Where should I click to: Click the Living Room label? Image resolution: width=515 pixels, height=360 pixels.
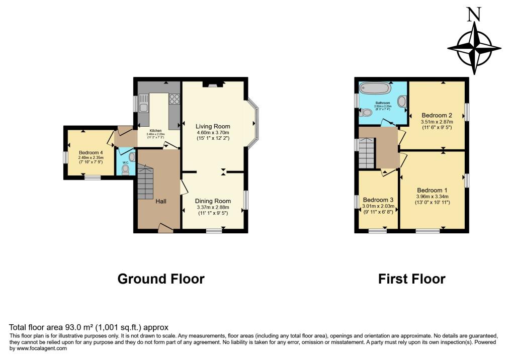point(213,126)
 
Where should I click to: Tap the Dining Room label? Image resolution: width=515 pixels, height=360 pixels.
point(213,201)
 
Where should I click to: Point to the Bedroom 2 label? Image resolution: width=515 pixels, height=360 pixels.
point(436,115)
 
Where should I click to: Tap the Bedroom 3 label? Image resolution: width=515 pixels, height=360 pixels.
point(378,199)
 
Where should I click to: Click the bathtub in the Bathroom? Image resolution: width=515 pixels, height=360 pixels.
point(375,91)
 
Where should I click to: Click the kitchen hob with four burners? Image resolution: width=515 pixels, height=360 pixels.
point(175,99)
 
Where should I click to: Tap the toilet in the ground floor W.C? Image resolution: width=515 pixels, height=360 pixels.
point(125,170)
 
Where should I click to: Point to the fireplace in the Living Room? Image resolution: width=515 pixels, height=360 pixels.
point(211,84)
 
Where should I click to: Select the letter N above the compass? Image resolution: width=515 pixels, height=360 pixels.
point(472,16)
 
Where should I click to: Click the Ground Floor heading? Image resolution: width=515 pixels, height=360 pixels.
point(161,279)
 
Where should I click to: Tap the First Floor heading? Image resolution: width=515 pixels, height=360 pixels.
point(411,279)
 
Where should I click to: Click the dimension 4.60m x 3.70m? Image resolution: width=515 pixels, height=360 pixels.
point(213,133)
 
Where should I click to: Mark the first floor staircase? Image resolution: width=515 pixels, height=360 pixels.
point(367,153)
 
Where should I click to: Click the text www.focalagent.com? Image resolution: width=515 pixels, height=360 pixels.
point(38,348)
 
